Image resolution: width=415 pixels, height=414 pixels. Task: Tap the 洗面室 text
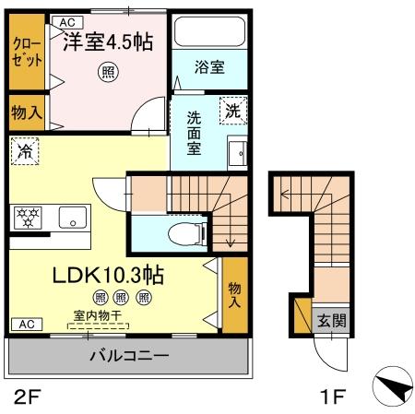click(x=195, y=135)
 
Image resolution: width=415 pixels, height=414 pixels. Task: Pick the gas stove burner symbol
click(x=27, y=219)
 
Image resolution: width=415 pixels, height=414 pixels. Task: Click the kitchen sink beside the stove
click(x=71, y=219)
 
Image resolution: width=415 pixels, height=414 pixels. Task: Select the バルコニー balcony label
click(x=128, y=356)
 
